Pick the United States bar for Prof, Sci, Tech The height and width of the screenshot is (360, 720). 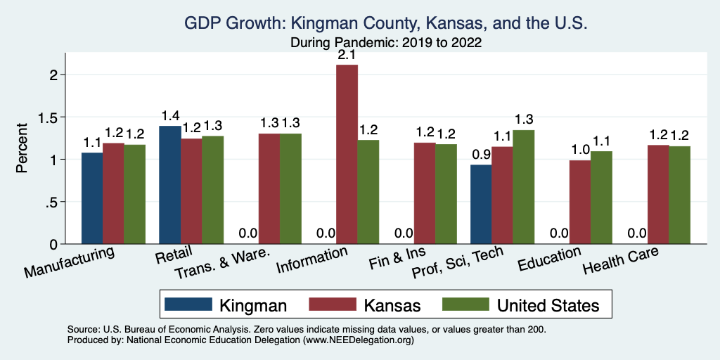pyautogui.click(x=523, y=187)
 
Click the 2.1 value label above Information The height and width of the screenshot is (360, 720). pyautogui.click(x=347, y=55)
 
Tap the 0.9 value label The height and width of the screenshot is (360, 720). pyautogui.click(x=481, y=155)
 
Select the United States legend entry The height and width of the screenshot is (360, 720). pyautogui.click(x=520, y=304)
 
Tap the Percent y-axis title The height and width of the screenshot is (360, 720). pyautogui.click(x=22, y=149)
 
